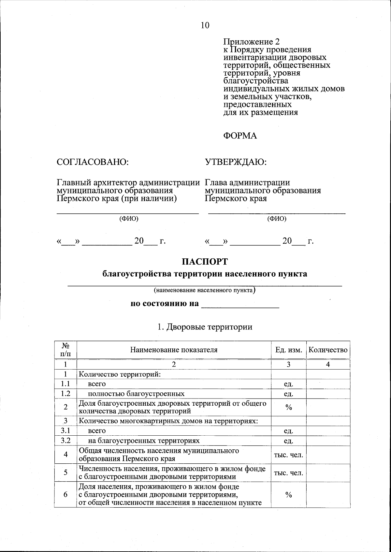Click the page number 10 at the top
coord(205,25)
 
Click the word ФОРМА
coord(240,136)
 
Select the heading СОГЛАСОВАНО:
coord(93,162)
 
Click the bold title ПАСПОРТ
coord(205,262)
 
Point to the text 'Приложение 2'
coord(251,42)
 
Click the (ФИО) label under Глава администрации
coord(277,219)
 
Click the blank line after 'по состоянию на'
coord(240,305)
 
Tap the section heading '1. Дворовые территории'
coord(205,327)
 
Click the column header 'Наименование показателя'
coord(174,350)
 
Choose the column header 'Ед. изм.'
coord(289,350)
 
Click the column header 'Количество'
coord(328,350)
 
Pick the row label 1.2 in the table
coord(65,394)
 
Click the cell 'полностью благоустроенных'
coord(136,394)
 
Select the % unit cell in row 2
coord(288,407)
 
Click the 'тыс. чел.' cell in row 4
coord(288,455)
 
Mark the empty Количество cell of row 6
coord(328,494)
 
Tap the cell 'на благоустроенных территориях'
coord(144,441)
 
